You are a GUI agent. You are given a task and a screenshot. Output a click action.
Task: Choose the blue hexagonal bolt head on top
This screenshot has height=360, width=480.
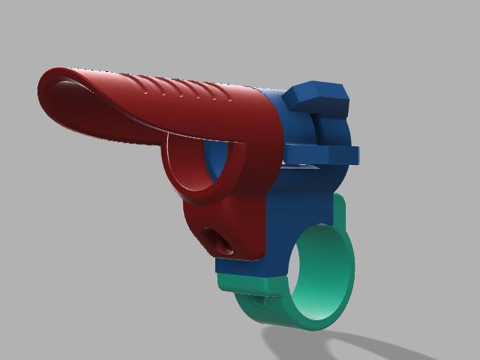tap(319, 96)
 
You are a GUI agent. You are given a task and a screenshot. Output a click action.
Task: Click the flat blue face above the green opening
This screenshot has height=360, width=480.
tap(300, 202)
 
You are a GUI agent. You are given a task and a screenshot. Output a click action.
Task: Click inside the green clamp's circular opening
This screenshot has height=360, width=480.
tap(322, 274)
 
